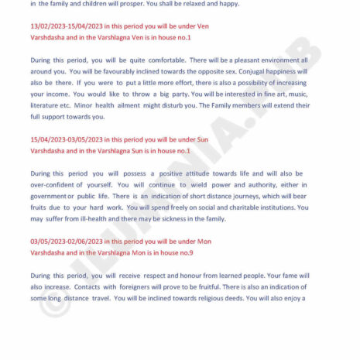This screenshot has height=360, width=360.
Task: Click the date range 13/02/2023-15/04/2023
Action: [63, 26]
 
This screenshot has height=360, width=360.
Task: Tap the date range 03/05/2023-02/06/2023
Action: [63, 242]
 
